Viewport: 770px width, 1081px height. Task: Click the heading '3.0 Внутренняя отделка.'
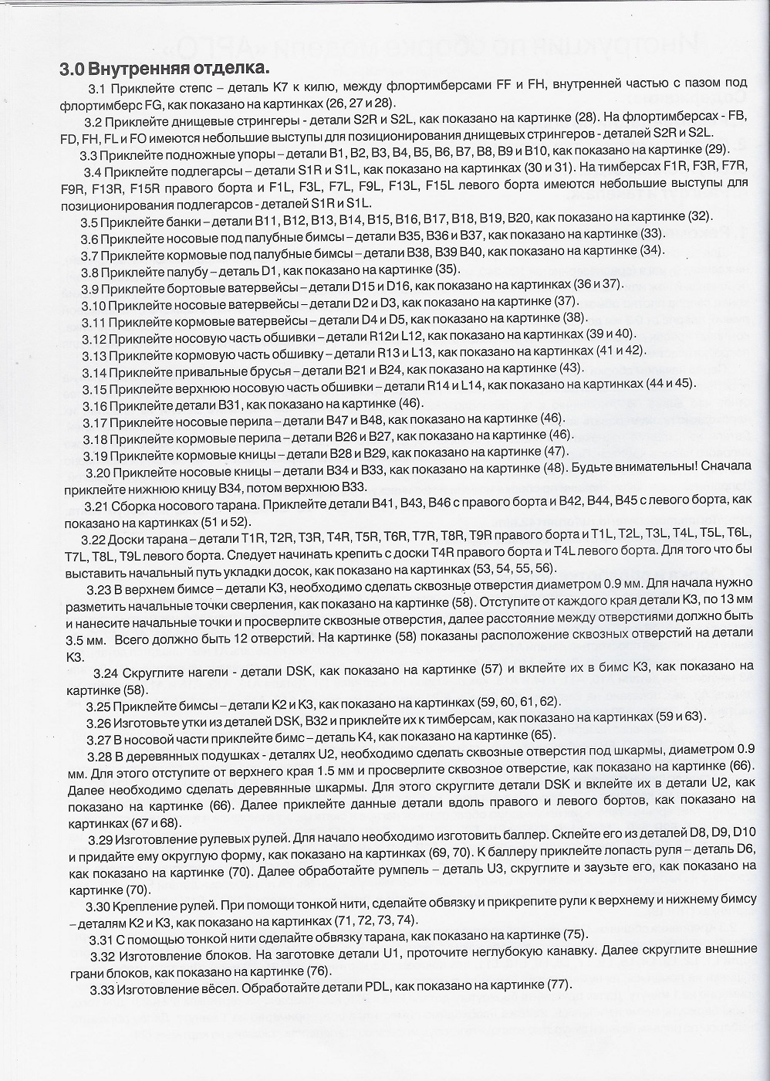(x=165, y=68)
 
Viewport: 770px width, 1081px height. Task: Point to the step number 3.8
(x=89, y=271)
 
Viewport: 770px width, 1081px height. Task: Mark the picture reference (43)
(x=571, y=368)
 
